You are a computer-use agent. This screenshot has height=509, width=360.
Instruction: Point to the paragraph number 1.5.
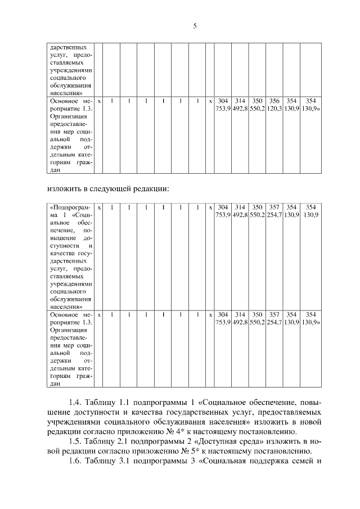pyautogui.click(x=75, y=440)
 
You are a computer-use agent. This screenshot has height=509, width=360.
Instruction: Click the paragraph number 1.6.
pyautogui.click(x=75, y=460)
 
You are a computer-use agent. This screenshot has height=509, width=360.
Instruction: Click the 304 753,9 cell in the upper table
pyautogui.click(x=223, y=105)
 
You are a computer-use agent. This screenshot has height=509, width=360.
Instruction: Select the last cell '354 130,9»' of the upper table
pyautogui.click(x=311, y=105)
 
